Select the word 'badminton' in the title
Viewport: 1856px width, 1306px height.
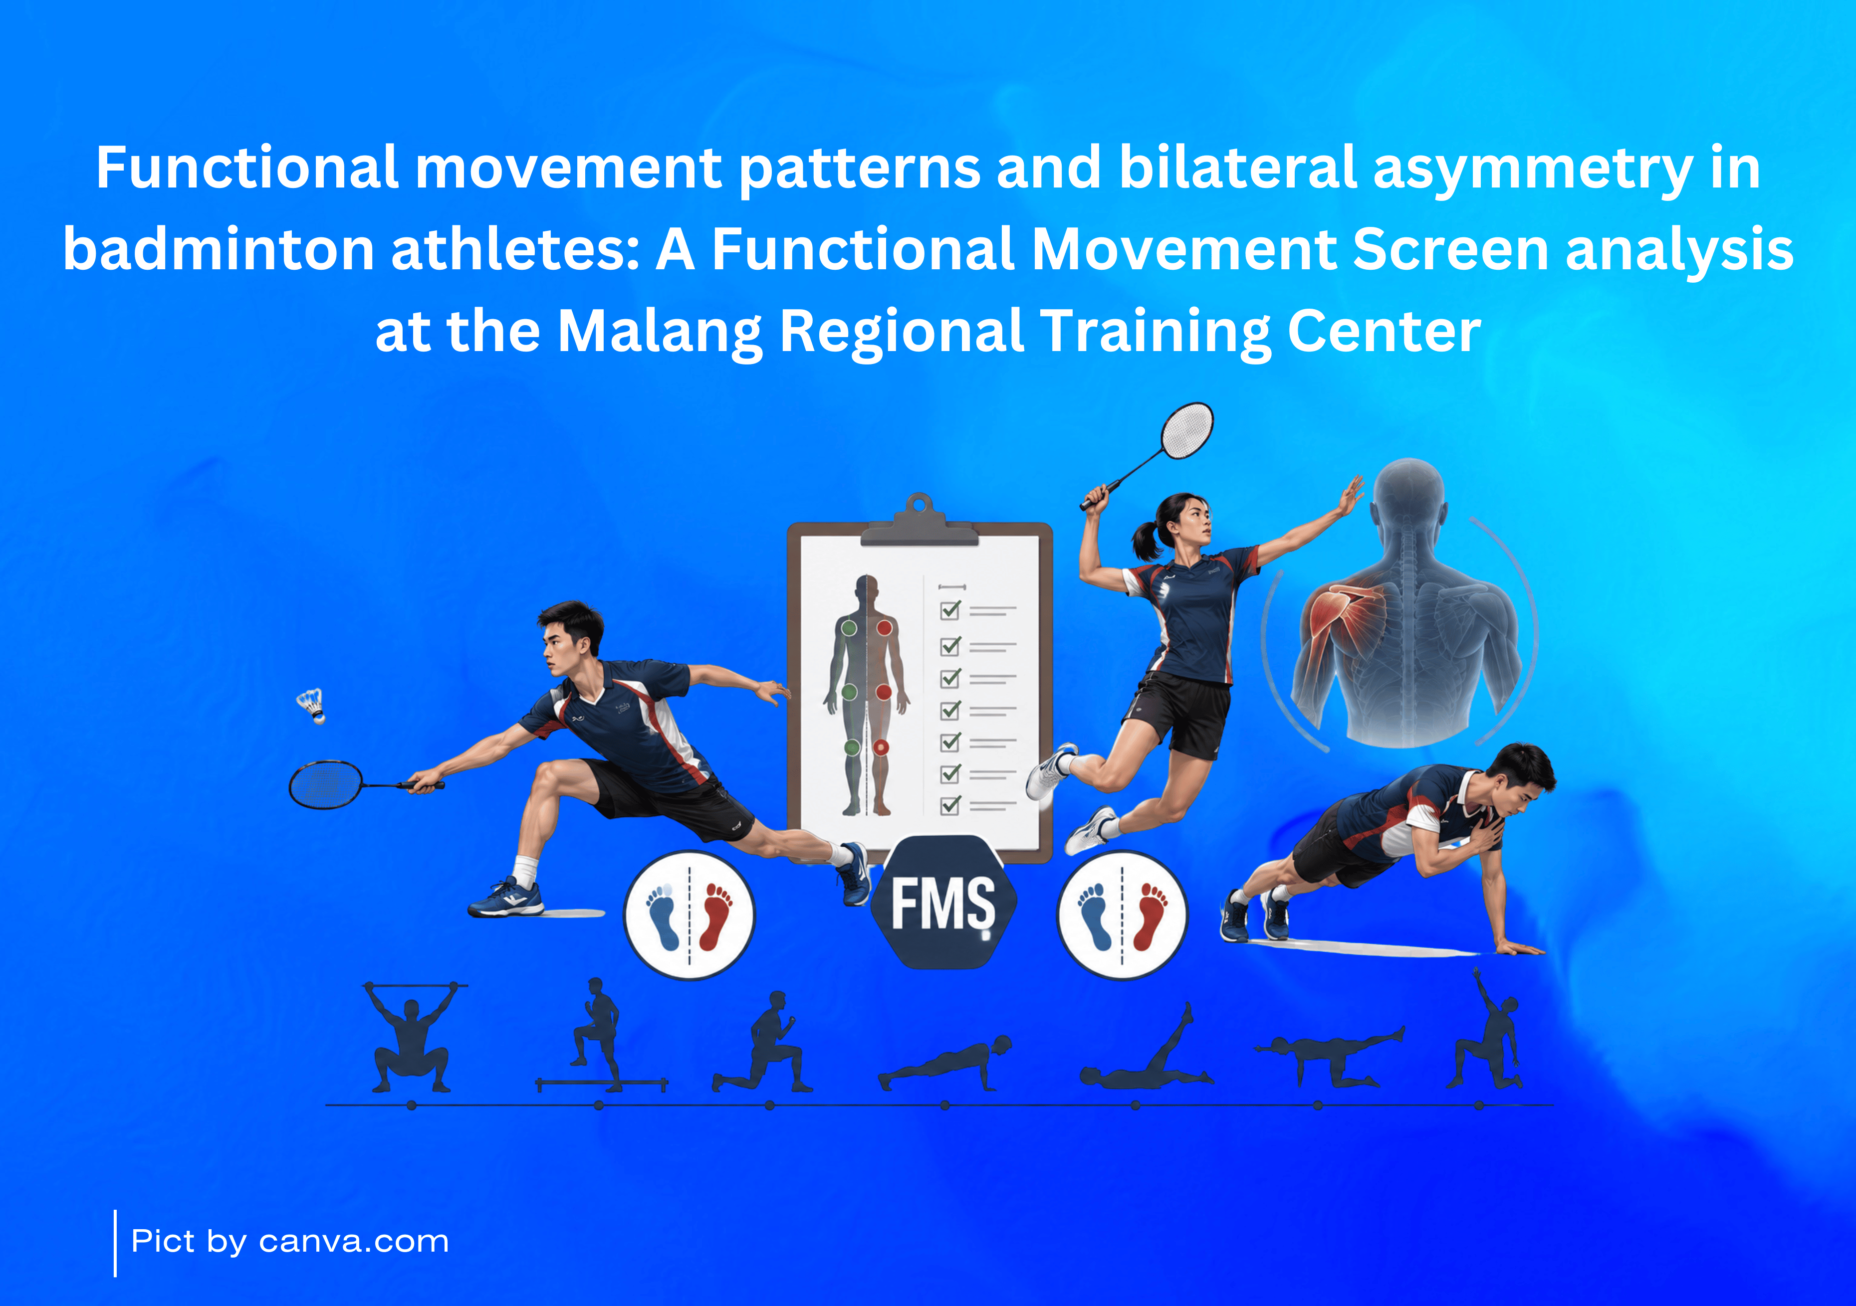tap(218, 249)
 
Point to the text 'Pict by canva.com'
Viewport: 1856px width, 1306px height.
tap(289, 1241)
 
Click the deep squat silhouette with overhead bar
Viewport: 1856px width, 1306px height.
tap(412, 1037)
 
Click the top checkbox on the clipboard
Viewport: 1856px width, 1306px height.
tap(950, 609)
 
